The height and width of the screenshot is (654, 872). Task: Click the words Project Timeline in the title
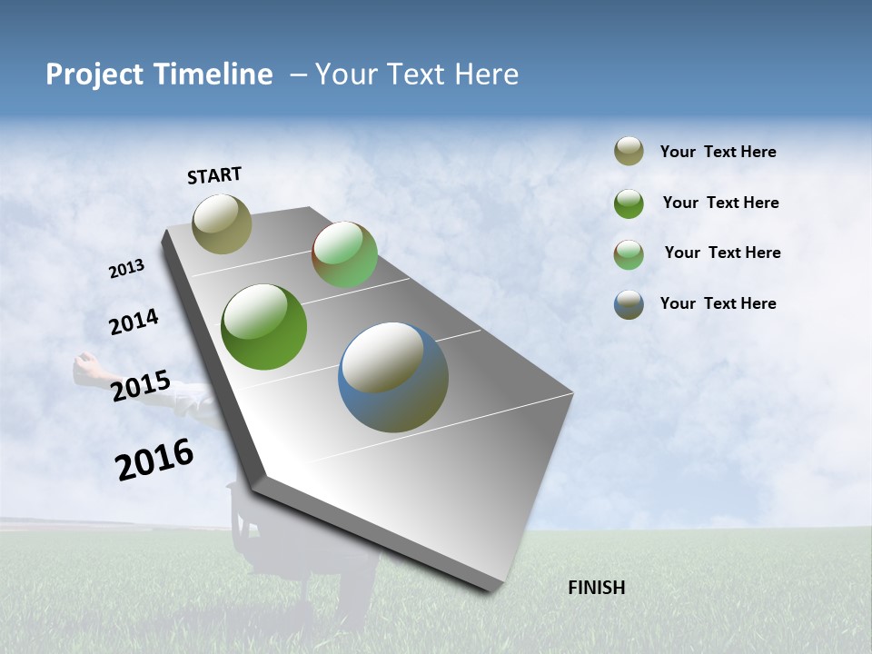[159, 74]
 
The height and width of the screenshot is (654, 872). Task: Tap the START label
[214, 175]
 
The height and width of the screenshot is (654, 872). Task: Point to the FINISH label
[597, 588]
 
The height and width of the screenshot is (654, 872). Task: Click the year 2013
[127, 269]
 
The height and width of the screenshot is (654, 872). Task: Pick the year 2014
[134, 322]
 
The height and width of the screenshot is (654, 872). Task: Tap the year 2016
[154, 459]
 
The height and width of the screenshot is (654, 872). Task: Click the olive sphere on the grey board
[222, 223]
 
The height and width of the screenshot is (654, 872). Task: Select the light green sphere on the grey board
[344, 254]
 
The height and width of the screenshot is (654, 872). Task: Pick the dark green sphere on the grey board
[264, 327]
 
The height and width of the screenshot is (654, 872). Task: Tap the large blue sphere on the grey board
[393, 377]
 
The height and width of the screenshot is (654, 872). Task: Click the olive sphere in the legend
[629, 152]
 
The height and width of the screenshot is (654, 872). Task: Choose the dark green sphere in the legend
[629, 203]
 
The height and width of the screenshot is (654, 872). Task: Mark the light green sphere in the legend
[629, 254]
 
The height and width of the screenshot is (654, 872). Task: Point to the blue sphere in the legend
[629, 304]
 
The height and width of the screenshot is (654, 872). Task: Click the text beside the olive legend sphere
[718, 153]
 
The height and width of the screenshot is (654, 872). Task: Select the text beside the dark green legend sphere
[720, 203]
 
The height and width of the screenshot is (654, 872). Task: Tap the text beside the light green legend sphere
[722, 253]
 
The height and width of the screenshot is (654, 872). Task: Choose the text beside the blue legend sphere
[718, 303]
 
